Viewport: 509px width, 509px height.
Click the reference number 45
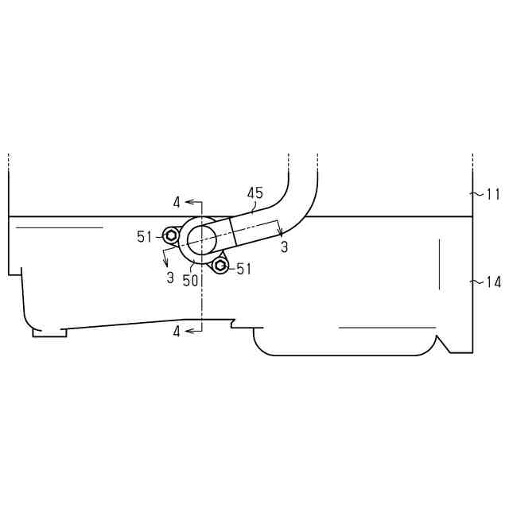coord(254,193)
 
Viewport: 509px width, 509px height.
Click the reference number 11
coord(493,194)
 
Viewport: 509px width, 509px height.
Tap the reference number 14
coord(493,282)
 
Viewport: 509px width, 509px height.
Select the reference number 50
coord(190,281)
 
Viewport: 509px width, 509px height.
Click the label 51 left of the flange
coord(144,237)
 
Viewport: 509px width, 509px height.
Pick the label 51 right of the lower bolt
coord(244,269)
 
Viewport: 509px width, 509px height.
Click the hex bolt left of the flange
coord(170,235)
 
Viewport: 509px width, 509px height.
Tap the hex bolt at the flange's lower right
coord(220,266)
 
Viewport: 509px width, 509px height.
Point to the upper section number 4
coord(177,203)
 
